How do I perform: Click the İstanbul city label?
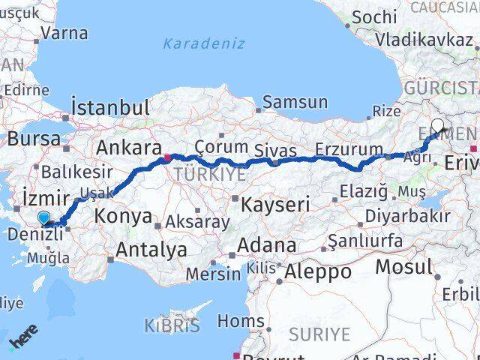click(x=110, y=107)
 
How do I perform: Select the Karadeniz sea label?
click(x=203, y=43)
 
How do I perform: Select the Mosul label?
click(x=404, y=266)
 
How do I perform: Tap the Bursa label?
click(x=34, y=139)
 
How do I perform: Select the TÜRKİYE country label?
click(x=210, y=174)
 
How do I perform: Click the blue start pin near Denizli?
click(x=45, y=219)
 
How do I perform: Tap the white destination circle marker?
click(x=438, y=126)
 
